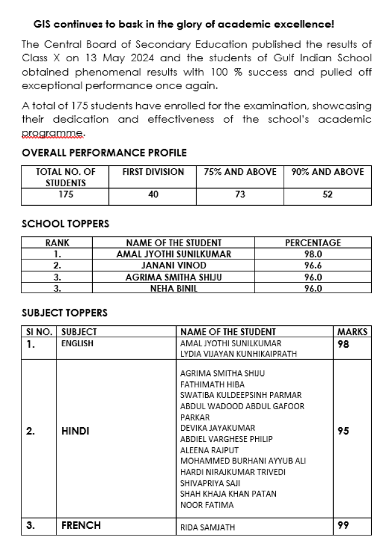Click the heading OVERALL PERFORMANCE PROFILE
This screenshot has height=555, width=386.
tap(104, 153)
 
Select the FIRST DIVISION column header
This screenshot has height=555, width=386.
tap(153, 172)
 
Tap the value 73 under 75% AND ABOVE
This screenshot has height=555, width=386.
tap(240, 195)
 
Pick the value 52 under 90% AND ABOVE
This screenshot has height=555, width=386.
tap(327, 195)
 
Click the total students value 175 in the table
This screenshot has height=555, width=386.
tap(66, 195)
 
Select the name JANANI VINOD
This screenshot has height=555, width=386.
tap(174, 265)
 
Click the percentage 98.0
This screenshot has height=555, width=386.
tap(313, 254)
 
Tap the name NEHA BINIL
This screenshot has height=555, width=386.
tap(174, 289)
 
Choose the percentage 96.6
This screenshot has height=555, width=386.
tap(313, 265)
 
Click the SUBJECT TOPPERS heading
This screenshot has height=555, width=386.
tap(64, 312)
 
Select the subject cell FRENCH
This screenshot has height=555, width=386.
tap(81, 526)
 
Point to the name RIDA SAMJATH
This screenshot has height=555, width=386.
tap(208, 527)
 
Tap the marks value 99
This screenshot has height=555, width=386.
tap(343, 526)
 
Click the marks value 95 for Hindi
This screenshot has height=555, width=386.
tap(343, 432)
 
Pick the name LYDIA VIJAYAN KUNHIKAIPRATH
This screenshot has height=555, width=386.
tap(238, 354)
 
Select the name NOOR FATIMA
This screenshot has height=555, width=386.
tap(207, 505)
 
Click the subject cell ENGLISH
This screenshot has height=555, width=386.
tap(77, 343)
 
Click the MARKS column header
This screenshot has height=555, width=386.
tap(352, 332)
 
